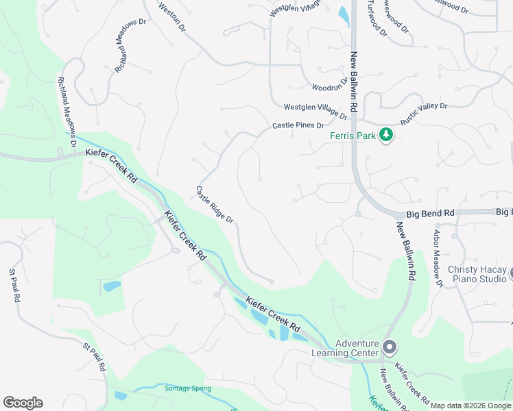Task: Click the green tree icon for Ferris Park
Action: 386,135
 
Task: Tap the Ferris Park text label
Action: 353,136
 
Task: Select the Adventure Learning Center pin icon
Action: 389,348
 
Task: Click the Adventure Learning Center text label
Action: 357,349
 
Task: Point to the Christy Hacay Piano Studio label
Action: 476,275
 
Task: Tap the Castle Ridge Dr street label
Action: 215,205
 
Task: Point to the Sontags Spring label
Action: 187,388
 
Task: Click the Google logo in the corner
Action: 23,403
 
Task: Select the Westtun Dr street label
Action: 172,17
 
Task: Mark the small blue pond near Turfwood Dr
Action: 343,14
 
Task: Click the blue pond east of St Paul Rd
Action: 111,286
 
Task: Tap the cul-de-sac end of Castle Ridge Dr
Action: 272,281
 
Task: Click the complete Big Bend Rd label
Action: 431,214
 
